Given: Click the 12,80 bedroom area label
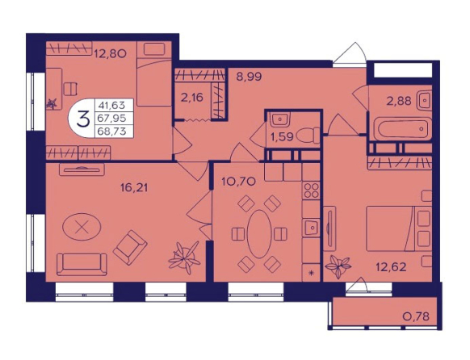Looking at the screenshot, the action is [111, 54].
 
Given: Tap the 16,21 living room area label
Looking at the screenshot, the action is [134, 188].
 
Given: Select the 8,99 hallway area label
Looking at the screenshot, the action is [249, 77].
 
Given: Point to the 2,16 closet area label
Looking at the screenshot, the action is [192, 98].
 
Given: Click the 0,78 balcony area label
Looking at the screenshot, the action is [416, 316].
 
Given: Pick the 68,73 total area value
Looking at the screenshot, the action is [111, 132].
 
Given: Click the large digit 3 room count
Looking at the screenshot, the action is [83, 119].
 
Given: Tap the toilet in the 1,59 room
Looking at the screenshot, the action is [308, 136].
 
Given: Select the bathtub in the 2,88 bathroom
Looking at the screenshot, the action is [401, 129].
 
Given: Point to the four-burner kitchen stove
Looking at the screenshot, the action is [311, 190].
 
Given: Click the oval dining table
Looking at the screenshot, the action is [259, 234].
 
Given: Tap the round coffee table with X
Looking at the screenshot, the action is [82, 227].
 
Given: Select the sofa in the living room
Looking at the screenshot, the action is [82, 265].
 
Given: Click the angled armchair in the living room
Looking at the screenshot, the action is [130, 247].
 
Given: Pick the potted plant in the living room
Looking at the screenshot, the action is [184, 257].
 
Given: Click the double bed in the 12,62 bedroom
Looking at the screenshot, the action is [399, 228].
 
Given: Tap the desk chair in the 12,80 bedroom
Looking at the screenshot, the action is [70, 89].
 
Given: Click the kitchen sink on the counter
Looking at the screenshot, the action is [311, 228].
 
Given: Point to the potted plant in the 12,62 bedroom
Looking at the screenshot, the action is [338, 266].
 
